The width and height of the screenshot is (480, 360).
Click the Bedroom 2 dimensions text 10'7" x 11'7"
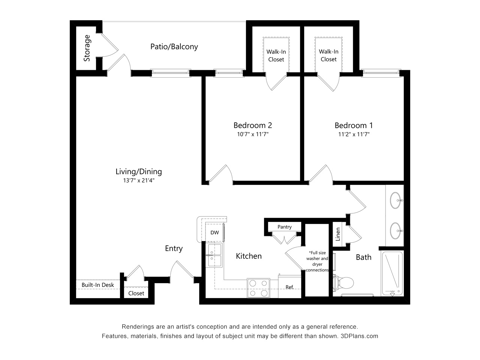click(253, 134)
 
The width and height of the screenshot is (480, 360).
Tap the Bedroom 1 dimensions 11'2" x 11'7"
click(354, 134)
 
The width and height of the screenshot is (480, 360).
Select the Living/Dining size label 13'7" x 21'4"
click(139, 180)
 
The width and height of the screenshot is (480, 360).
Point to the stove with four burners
click(258, 288)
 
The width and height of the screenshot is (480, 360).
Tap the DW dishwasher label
click(214, 232)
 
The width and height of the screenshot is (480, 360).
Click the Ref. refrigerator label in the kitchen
click(289, 287)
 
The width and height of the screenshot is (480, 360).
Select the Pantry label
click(285, 227)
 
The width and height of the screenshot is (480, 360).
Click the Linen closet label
click(338, 234)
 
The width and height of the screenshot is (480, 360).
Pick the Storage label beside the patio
click(87, 48)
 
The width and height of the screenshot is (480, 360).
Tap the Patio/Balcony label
click(174, 46)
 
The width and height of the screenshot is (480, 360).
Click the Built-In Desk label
click(98, 285)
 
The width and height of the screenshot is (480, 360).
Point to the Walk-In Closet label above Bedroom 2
click(276, 55)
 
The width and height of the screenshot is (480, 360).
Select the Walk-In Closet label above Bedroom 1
click(328, 55)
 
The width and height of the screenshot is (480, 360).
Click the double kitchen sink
click(214, 255)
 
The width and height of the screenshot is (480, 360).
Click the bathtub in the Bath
click(392, 274)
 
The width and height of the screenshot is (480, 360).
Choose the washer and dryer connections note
click(317, 261)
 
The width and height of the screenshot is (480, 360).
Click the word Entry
click(174, 249)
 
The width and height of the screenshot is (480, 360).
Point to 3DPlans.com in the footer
click(359, 336)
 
